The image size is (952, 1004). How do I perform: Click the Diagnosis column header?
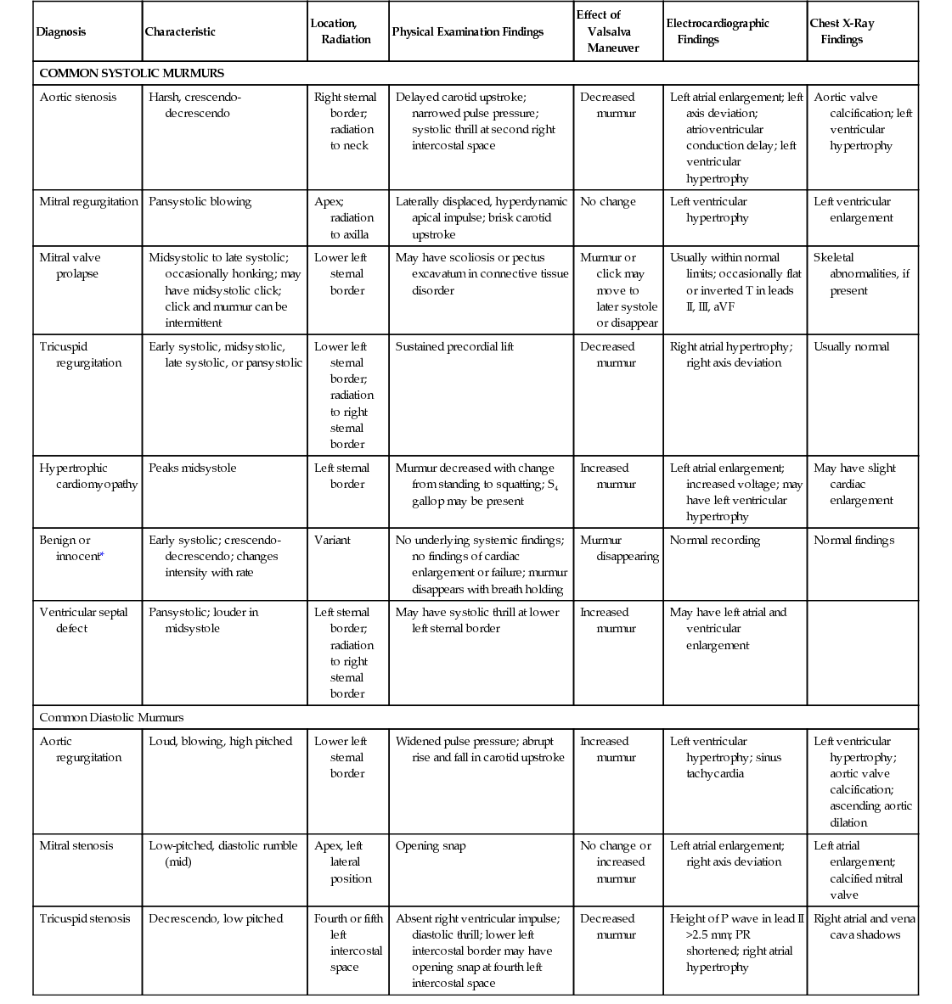click(x=61, y=32)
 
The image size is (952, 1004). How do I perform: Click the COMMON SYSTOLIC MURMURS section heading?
click(x=132, y=73)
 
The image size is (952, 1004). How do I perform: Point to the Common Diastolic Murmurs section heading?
click(x=111, y=718)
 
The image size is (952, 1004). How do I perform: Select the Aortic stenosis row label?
click(x=78, y=98)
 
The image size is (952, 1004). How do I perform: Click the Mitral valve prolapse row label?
click(x=70, y=266)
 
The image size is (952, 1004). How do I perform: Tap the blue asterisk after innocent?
click(x=103, y=556)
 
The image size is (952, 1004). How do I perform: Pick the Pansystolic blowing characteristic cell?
click(x=200, y=202)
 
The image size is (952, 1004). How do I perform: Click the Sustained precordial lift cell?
click(x=454, y=347)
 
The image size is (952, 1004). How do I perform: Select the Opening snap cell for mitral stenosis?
click(x=431, y=846)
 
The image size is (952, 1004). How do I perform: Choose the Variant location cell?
click(x=332, y=541)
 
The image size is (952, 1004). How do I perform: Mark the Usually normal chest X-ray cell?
click(x=852, y=347)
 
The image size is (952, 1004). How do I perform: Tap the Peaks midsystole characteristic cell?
click(x=193, y=468)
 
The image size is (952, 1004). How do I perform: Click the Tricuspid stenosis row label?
click(x=85, y=919)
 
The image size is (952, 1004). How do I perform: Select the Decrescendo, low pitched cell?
click(x=216, y=919)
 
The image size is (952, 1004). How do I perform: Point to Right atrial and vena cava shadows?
click(x=864, y=927)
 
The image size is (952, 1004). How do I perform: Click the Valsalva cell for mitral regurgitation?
click(x=608, y=202)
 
